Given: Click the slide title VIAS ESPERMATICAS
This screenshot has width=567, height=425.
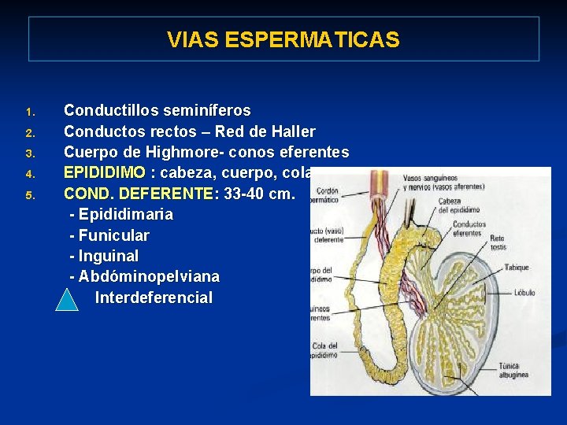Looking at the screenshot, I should [x=283, y=39].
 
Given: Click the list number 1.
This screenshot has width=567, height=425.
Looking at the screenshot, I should [x=28, y=111].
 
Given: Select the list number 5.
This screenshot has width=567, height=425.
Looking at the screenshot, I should [x=28, y=194].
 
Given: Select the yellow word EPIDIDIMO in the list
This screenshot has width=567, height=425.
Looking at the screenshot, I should [x=105, y=172].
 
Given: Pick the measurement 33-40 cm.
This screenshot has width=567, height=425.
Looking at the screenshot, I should [x=259, y=194].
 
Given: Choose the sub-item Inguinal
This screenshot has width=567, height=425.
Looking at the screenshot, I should [x=108, y=256].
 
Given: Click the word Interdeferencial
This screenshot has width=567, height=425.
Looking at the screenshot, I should [x=154, y=297].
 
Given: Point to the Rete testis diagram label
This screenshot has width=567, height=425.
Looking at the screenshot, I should [x=498, y=242].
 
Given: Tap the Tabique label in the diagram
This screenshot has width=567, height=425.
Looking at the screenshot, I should [x=517, y=267].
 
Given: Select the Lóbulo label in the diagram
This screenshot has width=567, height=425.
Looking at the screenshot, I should [x=524, y=291].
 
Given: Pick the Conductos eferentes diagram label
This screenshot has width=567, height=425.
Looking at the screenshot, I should [x=469, y=227].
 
